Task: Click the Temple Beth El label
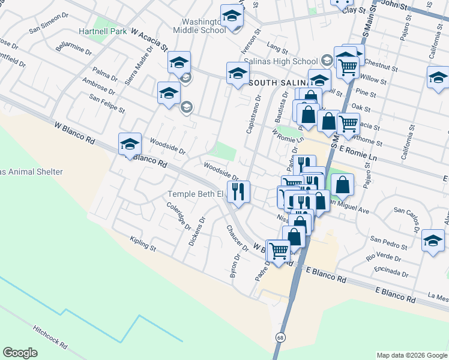point(195,194)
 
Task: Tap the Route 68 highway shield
point(281,338)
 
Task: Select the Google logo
point(20,353)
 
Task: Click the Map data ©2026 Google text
point(411,355)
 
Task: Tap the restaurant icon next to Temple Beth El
point(238,192)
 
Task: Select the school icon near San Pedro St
point(433,241)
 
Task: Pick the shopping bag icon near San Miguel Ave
point(342,185)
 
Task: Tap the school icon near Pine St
point(438,77)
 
